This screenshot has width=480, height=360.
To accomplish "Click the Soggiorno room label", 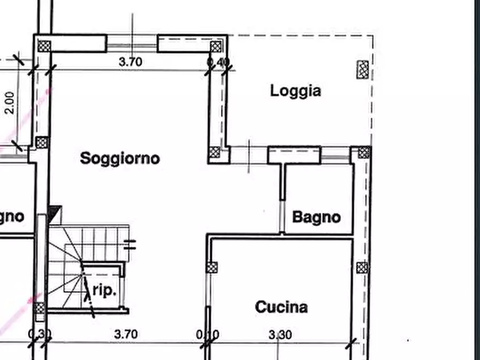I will tap(120, 159).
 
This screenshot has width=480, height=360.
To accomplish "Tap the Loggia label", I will tap(296, 91).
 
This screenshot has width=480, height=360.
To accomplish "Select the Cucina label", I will tap(281, 307).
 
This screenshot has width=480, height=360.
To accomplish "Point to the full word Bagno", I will tap(316, 217).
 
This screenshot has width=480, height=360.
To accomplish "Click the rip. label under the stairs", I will tap(104, 291).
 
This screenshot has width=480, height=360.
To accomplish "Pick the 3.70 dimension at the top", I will tap(130, 62).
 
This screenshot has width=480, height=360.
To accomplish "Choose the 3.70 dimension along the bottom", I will tap(126, 334).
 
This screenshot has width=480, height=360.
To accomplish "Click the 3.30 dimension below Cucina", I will tap(280, 335).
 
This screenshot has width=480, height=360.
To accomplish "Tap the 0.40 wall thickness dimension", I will tap(218, 62).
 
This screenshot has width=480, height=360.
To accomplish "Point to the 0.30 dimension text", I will tap(40, 335).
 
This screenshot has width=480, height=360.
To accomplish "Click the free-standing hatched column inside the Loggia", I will tap(363, 69).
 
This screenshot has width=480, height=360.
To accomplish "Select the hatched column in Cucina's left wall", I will tap(213, 267).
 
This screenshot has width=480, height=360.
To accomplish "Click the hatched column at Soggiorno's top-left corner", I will tap(44, 45).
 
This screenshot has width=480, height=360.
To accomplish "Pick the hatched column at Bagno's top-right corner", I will tap(364, 153).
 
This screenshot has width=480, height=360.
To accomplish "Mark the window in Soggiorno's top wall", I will tap(132, 43).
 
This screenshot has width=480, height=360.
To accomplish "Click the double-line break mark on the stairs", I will tap(130, 244).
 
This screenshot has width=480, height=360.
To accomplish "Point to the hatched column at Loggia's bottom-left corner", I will tap(215, 153).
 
